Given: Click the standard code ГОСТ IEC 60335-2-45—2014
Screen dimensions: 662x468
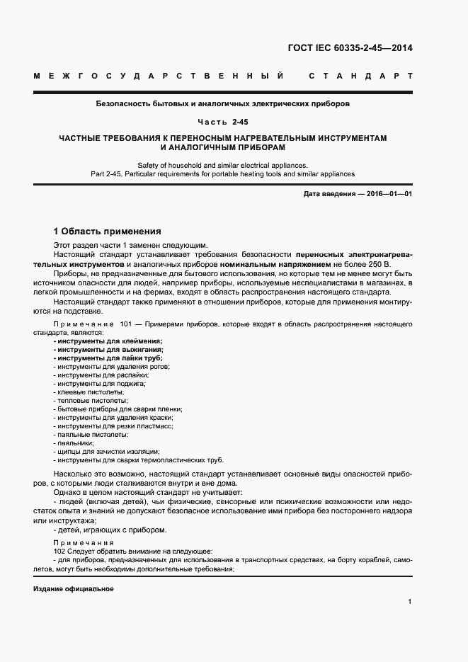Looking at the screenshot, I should click(x=350, y=49).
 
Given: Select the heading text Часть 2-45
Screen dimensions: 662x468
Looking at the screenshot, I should click(x=227, y=122).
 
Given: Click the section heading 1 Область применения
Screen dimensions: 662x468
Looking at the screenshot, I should click(x=108, y=231).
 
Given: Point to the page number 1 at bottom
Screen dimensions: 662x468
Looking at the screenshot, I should click(x=410, y=601).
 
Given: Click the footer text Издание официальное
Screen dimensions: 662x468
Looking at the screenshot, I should click(x=74, y=589).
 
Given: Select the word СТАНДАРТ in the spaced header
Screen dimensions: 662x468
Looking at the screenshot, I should click(x=360, y=75).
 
